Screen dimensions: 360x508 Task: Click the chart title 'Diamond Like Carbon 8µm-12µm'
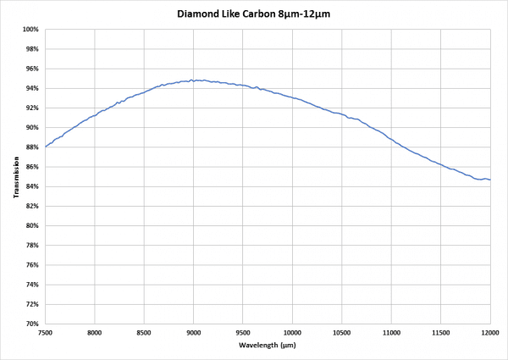pos(255,14)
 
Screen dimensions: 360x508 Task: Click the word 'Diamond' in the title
pos(199,14)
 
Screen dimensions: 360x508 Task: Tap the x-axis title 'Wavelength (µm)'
pos(268,345)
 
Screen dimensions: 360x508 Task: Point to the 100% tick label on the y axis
pos(31,30)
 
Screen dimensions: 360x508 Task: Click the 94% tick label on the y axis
pos(32,88)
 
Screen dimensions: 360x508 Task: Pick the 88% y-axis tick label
pos(32,147)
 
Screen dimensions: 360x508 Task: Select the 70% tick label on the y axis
pos(32,324)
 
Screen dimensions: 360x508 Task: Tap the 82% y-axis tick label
pos(32,206)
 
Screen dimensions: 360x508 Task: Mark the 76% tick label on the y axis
pos(32,265)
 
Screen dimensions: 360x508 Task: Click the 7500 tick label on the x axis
pos(45,332)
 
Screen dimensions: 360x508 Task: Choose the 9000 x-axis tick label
pos(194,332)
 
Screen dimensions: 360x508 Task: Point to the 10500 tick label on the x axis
pos(342,332)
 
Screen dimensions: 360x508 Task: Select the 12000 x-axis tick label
pos(489,332)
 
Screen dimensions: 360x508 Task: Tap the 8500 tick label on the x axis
pos(144,332)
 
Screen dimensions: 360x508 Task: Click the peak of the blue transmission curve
pos(194,80)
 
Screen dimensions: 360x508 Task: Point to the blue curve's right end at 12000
pos(490,180)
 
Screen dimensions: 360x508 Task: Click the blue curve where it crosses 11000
pos(391,139)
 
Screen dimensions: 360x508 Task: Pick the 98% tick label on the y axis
pos(32,49)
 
